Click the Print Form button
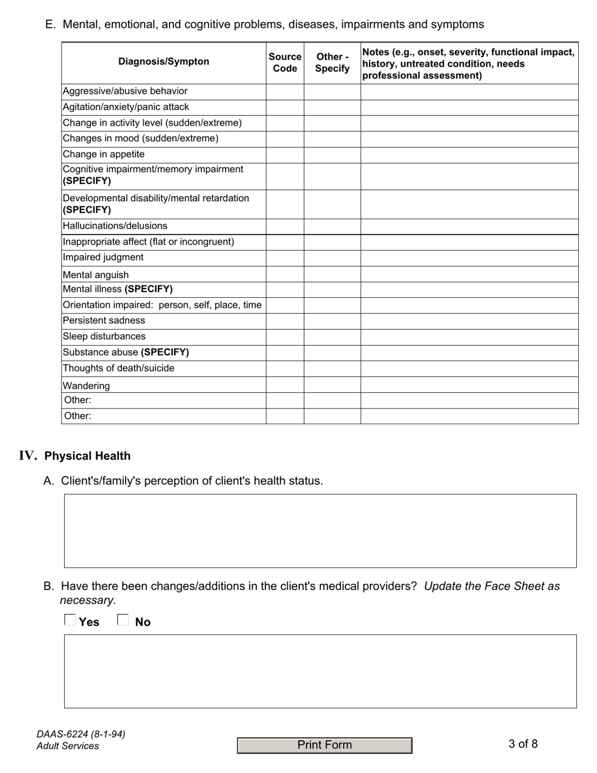pyautogui.click(x=324, y=745)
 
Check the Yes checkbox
pyautogui.click(x=70, y=621)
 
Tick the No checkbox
pyautogui.click(x=123, y=621)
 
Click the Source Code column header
pyautogui.click(x=285, y=63)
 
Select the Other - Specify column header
pyautogui.click(x=332, y=63)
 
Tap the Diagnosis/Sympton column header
pyautogui.click(x=163, y=62)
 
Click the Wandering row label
pyautogui.click(x=86, y=386)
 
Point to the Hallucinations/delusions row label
pyautogui.click(x=115, y=226)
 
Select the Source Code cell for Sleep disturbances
pyautogui.click(x=285, y=337)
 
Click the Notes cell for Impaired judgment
pyautogui.click(x=469, y=258)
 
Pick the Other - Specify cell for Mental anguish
pyautogui.click(x=332, y=275)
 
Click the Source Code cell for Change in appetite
pyautogui.click(x=285, y=155)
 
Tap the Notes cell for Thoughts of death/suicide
pyautogui.click(x=469, y=368)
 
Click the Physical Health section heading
pyautogui.click(x=87, y=456)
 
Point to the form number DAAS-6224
pyautogui.click(x=80, y=734)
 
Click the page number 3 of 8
pyautogui.click(x=523, y=745)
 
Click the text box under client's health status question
pyautogui.click(x=320, y=531)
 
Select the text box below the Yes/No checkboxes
pyautogui.click(x=320, y=671)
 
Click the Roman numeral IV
pyautogui.click(x=28, y=456)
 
